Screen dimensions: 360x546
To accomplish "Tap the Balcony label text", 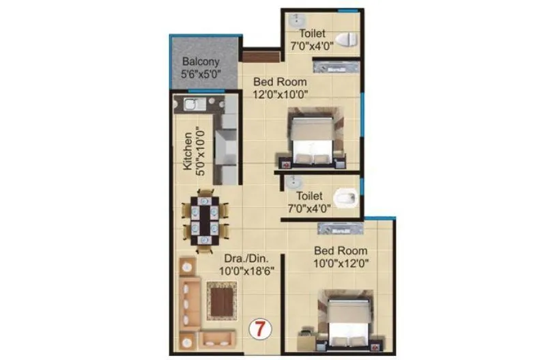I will [x=200, y=61].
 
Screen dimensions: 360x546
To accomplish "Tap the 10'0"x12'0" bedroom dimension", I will [x=340, y=263].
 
